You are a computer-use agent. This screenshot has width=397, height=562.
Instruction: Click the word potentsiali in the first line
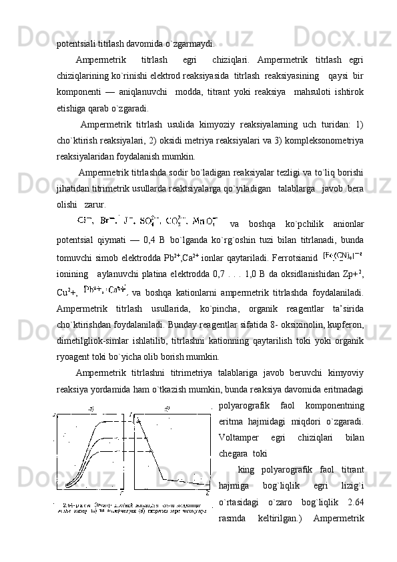click(x=76, y=45)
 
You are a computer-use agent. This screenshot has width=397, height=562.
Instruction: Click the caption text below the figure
click(x=133, y=509)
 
